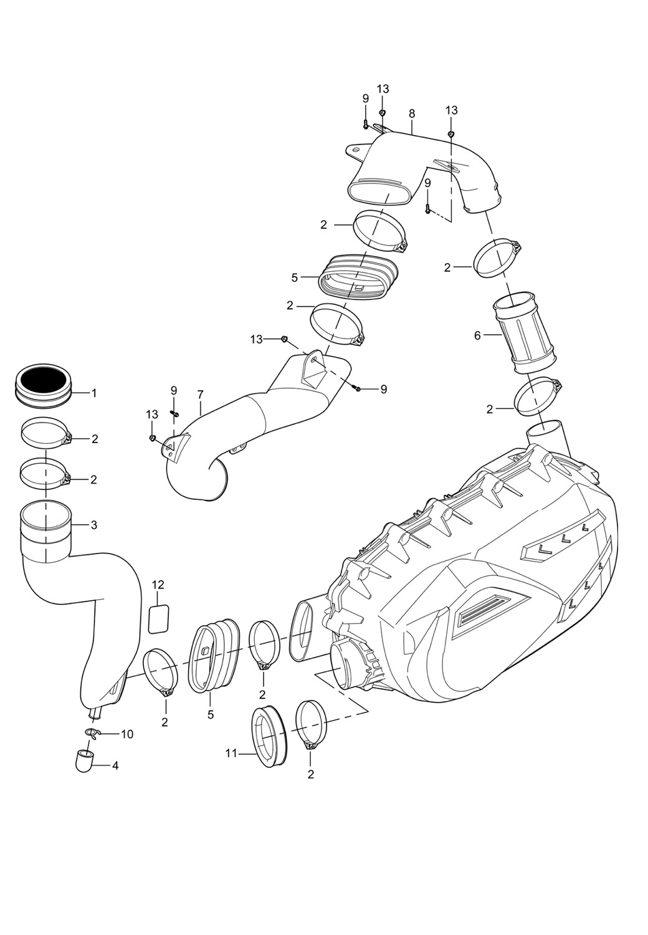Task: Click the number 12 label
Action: coord(158,585)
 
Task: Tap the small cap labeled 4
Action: coord(84,761)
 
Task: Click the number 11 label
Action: coord(231,754)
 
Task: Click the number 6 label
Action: coord(478,335)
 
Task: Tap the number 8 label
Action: coord(412,113)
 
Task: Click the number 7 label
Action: coord(200,395)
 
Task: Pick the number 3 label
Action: coord(93,525)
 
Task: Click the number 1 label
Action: coord(93,393)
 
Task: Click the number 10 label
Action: coord(126,734)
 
